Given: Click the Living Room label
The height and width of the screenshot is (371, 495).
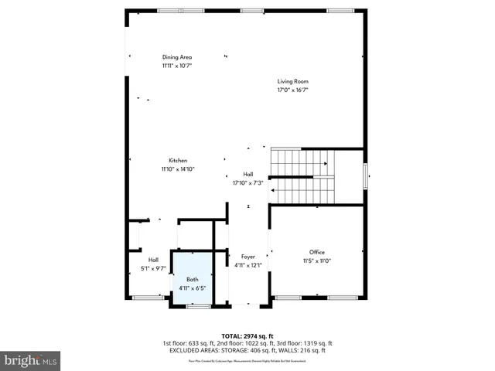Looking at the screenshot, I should point(293,81).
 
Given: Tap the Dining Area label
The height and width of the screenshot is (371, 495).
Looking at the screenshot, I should point(177,57).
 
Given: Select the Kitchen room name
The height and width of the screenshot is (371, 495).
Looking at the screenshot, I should point(178,161).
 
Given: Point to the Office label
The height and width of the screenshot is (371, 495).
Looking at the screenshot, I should point(317,253).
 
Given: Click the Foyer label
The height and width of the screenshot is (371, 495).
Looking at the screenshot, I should point(248,257).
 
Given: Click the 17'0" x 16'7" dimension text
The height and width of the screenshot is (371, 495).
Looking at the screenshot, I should point(293,90).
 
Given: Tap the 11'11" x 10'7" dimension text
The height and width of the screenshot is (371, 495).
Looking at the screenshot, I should point(177,66).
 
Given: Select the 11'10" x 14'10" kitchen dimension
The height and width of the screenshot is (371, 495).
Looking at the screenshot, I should point(178,169).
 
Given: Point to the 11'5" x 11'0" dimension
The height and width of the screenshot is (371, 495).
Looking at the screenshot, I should point(317,261).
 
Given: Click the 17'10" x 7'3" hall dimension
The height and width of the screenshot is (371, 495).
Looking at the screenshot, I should point(248,183).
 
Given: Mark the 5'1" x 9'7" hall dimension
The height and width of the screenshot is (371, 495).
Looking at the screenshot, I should point(153,268).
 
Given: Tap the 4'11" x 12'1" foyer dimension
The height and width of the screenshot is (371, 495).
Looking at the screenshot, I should point(248,266).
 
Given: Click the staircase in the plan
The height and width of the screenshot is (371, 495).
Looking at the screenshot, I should point(302,175).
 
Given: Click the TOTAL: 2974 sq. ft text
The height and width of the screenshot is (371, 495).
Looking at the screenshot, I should point(247,335).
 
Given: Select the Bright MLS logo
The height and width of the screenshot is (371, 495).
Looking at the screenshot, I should point(31,360).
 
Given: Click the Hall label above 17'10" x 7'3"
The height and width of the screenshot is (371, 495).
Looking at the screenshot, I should point(248,175).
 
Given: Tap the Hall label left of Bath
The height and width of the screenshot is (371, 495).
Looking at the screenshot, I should point(153,260).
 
